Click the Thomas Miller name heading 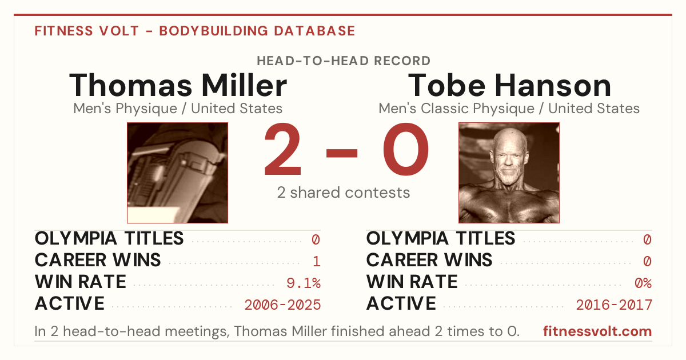(x=178, y=85)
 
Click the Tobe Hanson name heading (x=509, y=85)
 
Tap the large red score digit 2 (x=282, y=149)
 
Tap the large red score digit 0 (x=406, y=149)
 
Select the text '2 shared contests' (x=344, y=193)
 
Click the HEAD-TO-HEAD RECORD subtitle (x=344, y=61)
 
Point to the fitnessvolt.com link (x=597, y=331)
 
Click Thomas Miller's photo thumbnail (x=178, y=173)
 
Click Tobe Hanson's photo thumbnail (x=509, y=173)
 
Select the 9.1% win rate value (x=304, y=283)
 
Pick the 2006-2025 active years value (x=282, y=305)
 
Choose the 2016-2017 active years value (x=614, y=305)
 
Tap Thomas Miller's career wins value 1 (x=317, y=262)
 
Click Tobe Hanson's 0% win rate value (x=643, y=283)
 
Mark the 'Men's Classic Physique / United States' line (x=509, y=109)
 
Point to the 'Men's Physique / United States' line (x=178, y=109)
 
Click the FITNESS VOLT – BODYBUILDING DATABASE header (x=195, y=31)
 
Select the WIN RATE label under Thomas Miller (x=81, y=282)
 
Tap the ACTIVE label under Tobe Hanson (x=401, y=303)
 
